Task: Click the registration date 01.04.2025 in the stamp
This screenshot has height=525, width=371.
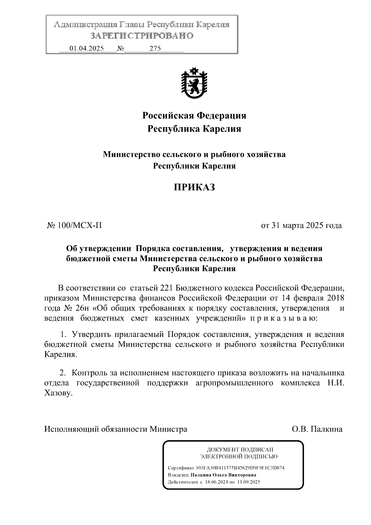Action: click(87, 49)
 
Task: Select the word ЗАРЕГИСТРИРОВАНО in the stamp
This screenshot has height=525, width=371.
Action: click(142, 36)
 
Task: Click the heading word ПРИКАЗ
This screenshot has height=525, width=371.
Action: click(194, 187)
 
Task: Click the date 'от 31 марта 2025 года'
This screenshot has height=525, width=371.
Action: click(301, 226)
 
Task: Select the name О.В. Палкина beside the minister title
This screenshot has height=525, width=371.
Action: click(317, 429)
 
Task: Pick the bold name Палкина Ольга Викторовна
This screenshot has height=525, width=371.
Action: click(223, 475)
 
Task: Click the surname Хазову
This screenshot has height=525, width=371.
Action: click(58, 394)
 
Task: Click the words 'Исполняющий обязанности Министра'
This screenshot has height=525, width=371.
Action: click(116, 429)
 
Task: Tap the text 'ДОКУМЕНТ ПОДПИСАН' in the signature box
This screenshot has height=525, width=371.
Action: click(240, 450)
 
